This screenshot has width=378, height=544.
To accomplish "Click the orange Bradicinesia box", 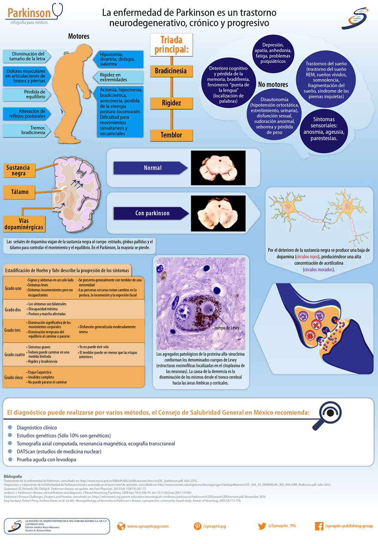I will [x=171, y=71].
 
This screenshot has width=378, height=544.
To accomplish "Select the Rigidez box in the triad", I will [x=171, y=103].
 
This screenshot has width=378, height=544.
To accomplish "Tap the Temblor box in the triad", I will [x=171, y=135].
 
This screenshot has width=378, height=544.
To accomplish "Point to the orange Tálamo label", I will [x=20, y=192].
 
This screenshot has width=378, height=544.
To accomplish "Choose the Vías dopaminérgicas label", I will [x=24, y=224].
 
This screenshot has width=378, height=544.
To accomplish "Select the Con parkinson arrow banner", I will [x=151, y=213].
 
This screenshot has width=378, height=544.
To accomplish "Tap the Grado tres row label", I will [x=13, y=330].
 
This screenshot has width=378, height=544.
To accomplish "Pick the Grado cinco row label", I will [x=14, y=377].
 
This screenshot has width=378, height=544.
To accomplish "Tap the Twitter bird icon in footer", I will [x=262, y=526].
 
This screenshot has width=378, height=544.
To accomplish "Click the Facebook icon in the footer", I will [x=319, y=526].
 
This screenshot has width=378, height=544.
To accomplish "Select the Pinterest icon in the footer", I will [x=197, y=526].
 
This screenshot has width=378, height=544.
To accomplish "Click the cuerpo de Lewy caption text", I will [x=226, y=328].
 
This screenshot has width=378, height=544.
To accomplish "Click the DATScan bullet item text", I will [x=59, y=452].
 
